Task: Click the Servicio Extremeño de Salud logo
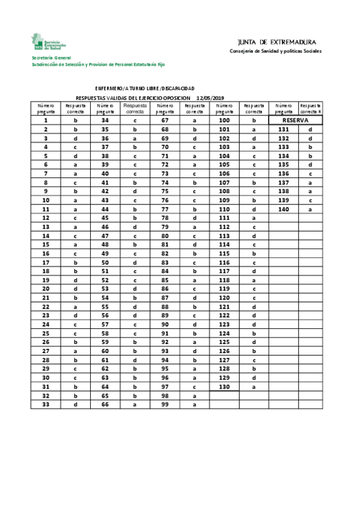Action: pyautogui.click(x=49, y=43)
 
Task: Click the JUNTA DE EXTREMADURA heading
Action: pyautogui.click(x=276, y=42)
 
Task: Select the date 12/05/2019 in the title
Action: pyautogui.click(x=210, y=97)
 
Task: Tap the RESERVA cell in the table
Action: pyautogui.click(x=296, y=120)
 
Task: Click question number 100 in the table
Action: pyautogui.click(x=224, y=120)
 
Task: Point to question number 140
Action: pyautogui.click(x=284, y=209)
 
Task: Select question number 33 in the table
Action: pyautogui.click(x=46, y=404)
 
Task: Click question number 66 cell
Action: pyautogui.click(x=105, y=404)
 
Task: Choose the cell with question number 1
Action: pyautogui.click(x=46, y=120)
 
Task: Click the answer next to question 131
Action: pyautogui.click(x=311, y=129)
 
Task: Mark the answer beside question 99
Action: pyautogui.click(x=195, y=404)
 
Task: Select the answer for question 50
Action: pyautogui.click(x=135, y=262)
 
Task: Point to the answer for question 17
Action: pyautogui.click(x=76, y=262)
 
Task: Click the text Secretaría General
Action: pyautogui.click(x=51, y=58)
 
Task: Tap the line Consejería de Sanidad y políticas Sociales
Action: pyautogui.click(x=275, y=51)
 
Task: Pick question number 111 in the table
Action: pyautogui.click(x=224, y=218)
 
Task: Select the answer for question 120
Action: pyautogui.click(x=254, y=298)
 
